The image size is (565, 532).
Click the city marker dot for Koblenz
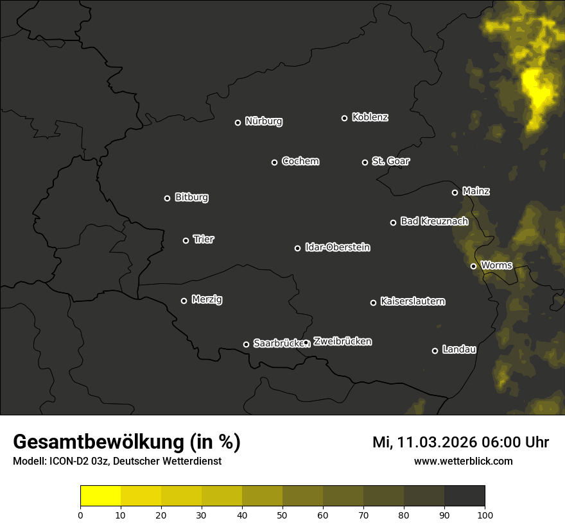[344, 118]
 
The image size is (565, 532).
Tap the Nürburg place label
[263, 121]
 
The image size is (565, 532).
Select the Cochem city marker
[274, 162]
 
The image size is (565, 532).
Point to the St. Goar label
[390, 162]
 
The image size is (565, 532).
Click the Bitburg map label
[191, 197]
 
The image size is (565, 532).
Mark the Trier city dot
[186, 240]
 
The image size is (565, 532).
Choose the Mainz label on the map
[476, 191]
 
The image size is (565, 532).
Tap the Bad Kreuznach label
[434, 221]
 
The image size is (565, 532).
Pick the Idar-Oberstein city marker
[297, 248]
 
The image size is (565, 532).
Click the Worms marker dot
[473, 266]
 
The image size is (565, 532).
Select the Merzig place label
[207, 299]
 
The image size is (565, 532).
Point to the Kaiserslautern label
[412, 301]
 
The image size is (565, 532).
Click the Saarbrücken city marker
[246, 344]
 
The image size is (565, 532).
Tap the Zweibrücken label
[342, 342]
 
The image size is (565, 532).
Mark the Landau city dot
[435, 351]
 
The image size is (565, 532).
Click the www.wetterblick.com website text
[463, 461]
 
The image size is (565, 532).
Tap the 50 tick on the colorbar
[282, 514]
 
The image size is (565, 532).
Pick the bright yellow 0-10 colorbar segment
[100, 496]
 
